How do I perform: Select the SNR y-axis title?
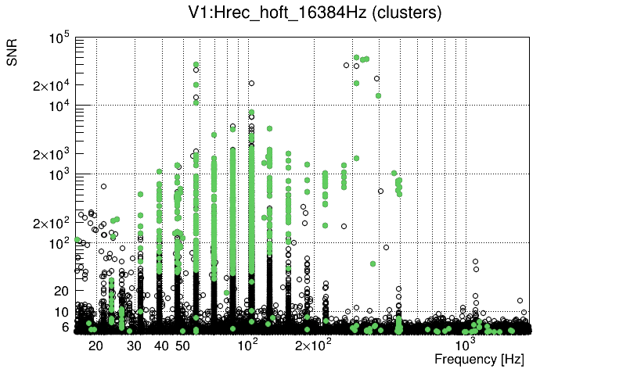tap(13, 53)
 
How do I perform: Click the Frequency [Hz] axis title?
tap(479, 359)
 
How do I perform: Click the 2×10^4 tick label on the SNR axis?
tap(52, 86)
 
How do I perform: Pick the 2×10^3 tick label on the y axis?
tap(52, 155)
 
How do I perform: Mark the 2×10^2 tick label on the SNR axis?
tap(52, 224)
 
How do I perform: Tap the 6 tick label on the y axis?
tap(66, 327)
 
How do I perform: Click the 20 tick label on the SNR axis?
tap(62, 291)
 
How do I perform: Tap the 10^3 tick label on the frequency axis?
tap(465, 344)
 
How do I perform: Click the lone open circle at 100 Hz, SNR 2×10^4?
tap(251, 83)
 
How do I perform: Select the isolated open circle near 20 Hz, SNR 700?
tap(103, 186)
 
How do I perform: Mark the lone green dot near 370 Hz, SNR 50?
tap(373, 263)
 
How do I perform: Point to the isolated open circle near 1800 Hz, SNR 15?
tap(520, 299)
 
